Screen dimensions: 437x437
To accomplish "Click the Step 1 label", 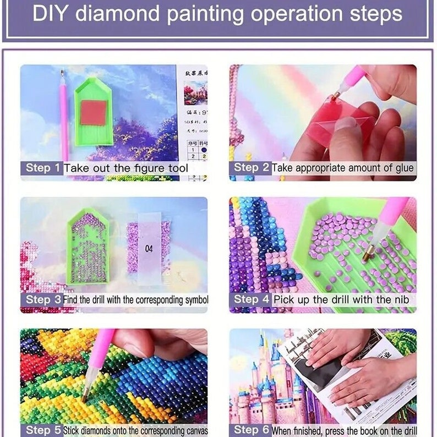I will (x=41, y=168).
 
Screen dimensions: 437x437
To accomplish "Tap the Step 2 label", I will (x=250, y=168).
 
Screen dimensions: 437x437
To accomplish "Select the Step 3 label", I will (x=41, y=300).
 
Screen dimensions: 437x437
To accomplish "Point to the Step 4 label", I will (x=250, y=299).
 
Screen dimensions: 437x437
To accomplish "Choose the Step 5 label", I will (x=41, y=430).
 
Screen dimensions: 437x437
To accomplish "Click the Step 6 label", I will (x=250, y=430).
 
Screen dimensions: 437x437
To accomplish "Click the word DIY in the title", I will (x=51, y=14).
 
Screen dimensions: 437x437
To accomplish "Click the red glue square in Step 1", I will (x=93, y=113).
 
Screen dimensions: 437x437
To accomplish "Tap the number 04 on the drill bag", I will (x=149, y=249).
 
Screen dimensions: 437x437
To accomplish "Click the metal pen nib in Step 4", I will (x=369, y=254).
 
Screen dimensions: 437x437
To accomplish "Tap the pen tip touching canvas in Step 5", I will (x=87, y=395).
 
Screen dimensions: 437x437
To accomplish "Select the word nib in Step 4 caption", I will (x=400, y=299).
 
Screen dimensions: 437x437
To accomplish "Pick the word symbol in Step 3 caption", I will (x=195, y=300).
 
